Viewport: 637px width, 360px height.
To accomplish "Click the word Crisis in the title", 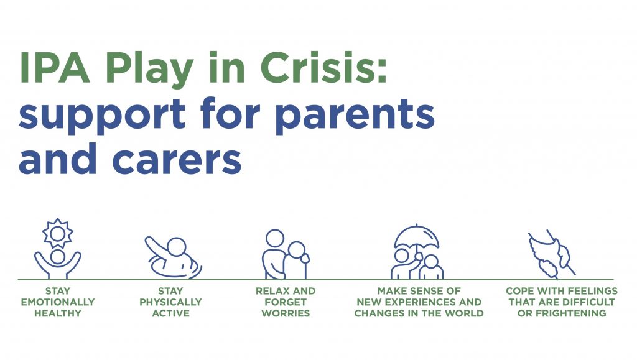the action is (x=323, y=67).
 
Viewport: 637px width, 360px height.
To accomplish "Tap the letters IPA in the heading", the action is (x=55, y=67).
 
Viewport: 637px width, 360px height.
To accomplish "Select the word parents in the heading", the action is (x=355, y=114).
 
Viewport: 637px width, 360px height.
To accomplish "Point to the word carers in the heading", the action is (x=177, y=159).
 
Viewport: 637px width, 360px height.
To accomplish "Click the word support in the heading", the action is (x=102, y=114).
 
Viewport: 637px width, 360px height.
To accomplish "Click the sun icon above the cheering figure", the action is (x=58, y=233).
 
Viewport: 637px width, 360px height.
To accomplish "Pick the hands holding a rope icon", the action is (x=552, y=254).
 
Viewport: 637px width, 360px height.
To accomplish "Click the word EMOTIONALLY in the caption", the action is (x=58, y=302).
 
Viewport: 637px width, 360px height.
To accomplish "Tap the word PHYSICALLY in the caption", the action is (x=170, y=302).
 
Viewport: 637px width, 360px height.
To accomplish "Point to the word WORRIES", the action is (x=286, y=313).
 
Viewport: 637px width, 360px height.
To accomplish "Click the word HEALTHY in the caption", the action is (x=58, y=313).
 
